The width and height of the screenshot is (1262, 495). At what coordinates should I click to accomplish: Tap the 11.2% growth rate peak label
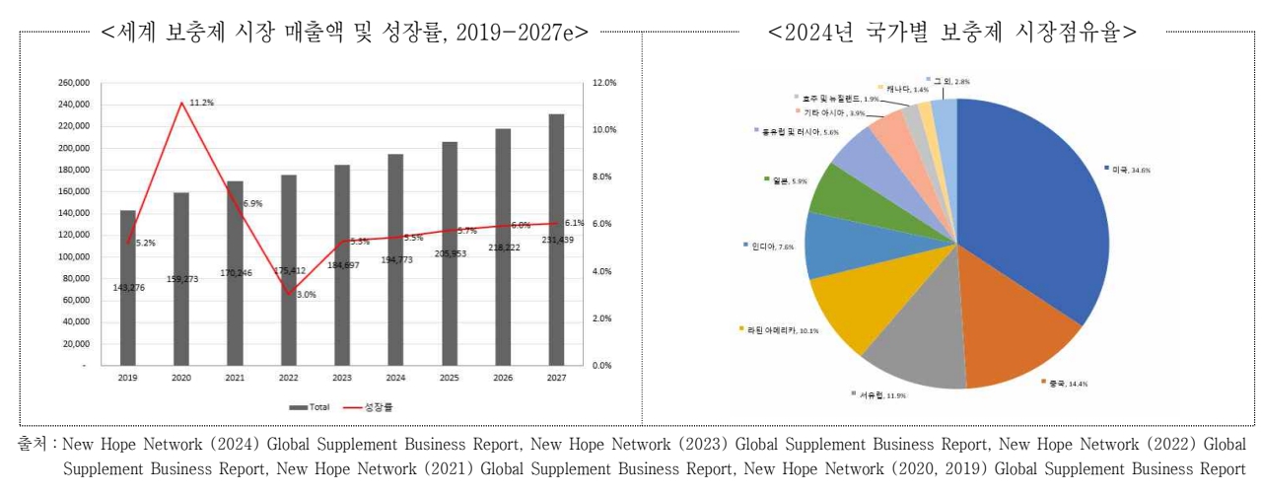pos(203,103)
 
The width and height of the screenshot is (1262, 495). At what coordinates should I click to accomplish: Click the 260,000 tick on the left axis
pos(75,83)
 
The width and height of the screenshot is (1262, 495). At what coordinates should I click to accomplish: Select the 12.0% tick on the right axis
pos(604,83)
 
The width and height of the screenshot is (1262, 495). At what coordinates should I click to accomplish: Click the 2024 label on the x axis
pos(395,378)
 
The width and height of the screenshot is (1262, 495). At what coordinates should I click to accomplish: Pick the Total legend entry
pos(311,405)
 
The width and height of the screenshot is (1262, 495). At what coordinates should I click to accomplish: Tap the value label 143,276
pos(130,287)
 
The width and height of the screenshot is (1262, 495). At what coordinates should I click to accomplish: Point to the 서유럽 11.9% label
pos(877,394)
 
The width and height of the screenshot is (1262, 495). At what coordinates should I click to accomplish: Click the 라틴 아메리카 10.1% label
pos(778,329)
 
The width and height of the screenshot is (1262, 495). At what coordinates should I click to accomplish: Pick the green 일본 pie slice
pos(838,188)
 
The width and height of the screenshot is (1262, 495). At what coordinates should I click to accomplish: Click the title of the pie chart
pos(951,32)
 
